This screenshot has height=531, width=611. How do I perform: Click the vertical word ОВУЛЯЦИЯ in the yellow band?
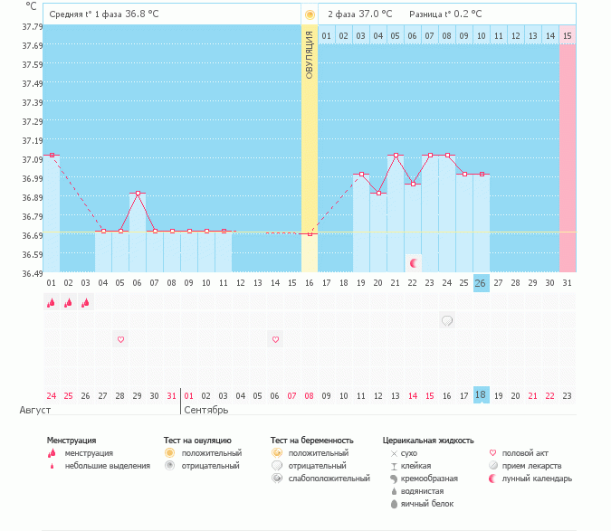click(310, 53)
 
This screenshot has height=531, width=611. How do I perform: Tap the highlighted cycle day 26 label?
click(481, 283)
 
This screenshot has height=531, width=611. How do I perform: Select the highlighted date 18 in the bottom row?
click(481, 395)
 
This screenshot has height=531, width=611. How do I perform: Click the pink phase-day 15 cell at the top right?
click(567, 35)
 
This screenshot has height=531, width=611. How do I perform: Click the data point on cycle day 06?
click(138, 194)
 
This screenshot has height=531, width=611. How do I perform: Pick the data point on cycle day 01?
click(52, 156)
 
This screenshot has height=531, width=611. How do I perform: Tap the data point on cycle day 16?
click(310, 234)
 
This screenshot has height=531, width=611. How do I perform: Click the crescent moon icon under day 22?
click(414, 263)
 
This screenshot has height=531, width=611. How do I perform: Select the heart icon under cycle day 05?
click(120, 339)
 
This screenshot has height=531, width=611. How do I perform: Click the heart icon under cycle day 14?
click(275, 339)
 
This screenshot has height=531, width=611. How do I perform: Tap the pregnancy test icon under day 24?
click(447, 320)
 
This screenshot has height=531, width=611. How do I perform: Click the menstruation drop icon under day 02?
click(69, 303)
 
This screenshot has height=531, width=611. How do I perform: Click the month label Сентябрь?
click(205, 410)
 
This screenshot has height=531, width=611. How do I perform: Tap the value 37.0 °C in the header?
click(375, 14)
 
